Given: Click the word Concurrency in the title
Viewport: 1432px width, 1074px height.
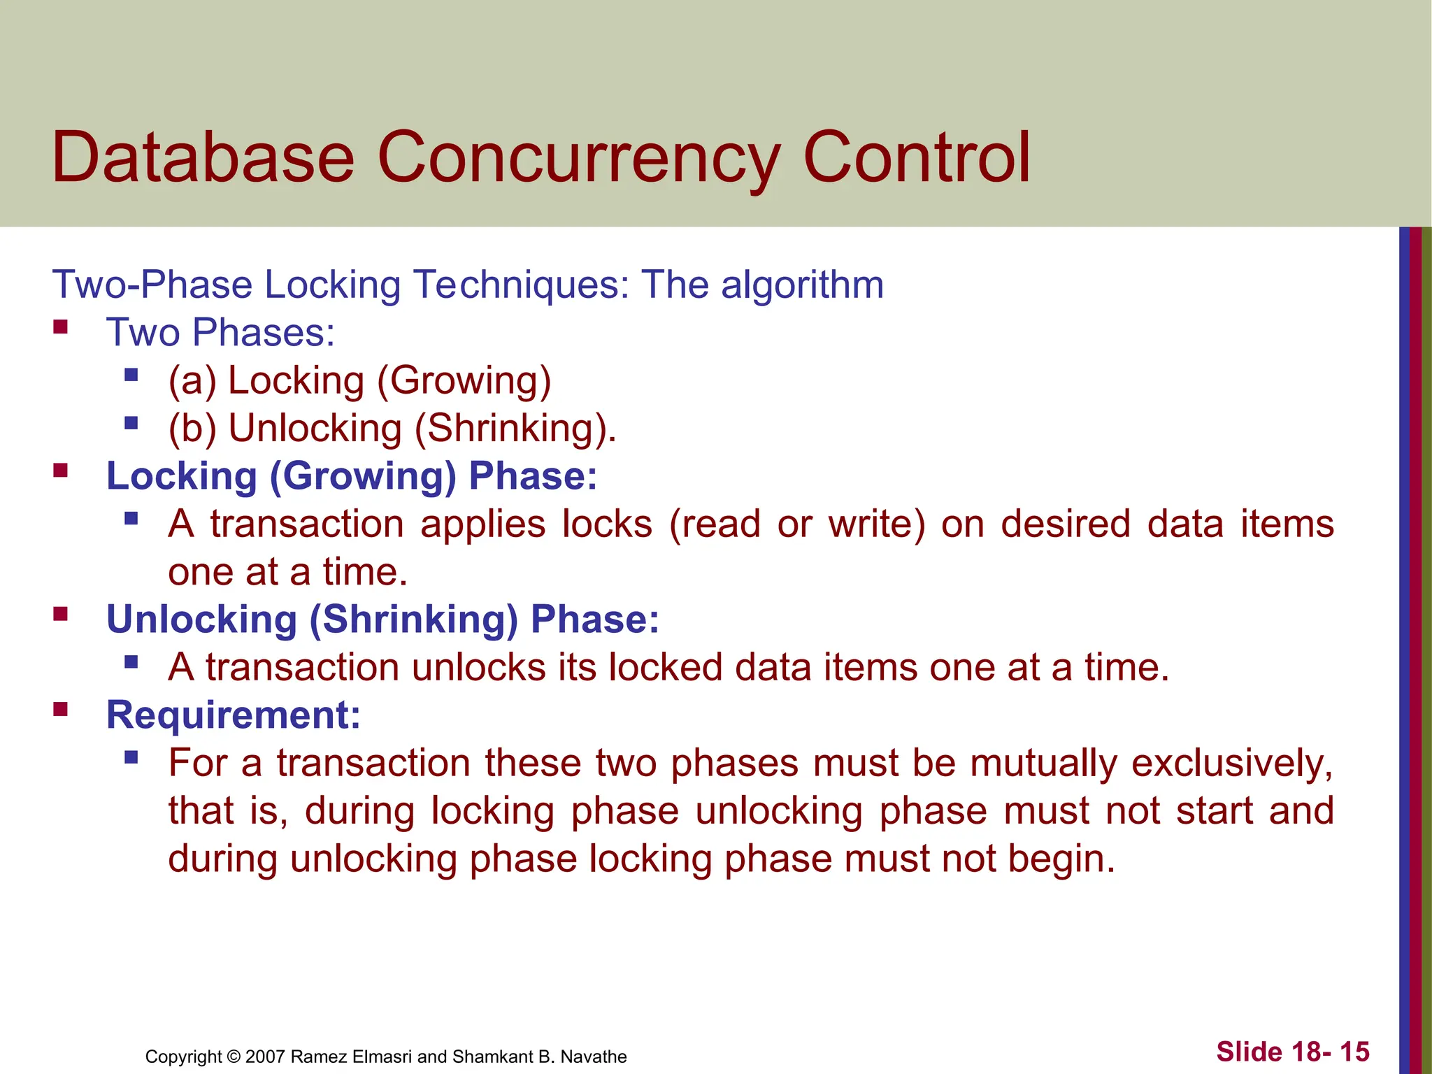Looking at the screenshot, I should [x=579, y=158].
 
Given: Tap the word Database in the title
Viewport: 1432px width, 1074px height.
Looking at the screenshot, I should [x=203, y=158].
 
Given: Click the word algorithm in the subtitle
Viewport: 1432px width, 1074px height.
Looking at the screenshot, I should [x=802, y=285].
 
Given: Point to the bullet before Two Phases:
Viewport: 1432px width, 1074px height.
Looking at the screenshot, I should [x=61, y=327].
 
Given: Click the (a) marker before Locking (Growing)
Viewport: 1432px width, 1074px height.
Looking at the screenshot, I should [x=192, y=381].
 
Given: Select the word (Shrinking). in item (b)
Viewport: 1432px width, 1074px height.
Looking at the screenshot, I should [x=515, y=429].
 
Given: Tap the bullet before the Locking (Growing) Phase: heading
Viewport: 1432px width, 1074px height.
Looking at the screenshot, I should [x=61, y=470].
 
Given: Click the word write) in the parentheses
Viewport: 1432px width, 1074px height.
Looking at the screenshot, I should [x=877, y=524].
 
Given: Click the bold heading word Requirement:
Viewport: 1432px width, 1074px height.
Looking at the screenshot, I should [x=233, y=715].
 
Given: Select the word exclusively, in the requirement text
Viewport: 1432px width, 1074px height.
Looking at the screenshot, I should [x=1232, y=763].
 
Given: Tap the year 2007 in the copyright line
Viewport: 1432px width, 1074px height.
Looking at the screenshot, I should [x=265, y=1057].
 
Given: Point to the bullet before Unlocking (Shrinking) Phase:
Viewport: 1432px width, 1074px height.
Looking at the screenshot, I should [x=61, y=614].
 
